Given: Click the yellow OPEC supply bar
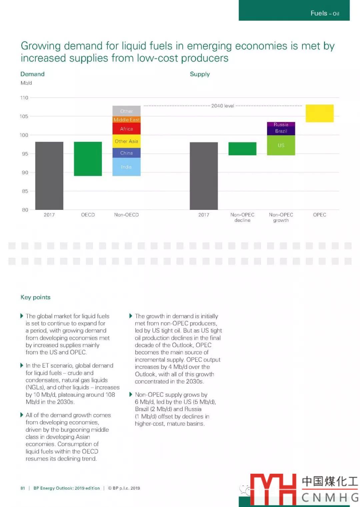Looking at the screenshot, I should point(319,113).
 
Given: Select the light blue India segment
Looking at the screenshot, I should point(126,167).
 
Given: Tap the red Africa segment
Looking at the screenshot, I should point(126,129).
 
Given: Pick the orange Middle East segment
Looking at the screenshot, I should point(126,120).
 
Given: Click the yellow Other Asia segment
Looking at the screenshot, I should point(126,141).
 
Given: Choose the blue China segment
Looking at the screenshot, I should point(126,153).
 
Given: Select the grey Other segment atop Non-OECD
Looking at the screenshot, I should point(126,111).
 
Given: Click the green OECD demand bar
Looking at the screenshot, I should point(88,159).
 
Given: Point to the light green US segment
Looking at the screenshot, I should point(281,145).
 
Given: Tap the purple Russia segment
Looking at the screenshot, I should point(281,124).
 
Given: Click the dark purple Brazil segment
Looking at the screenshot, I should point(281,131).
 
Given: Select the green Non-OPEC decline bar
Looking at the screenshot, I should point(242,149).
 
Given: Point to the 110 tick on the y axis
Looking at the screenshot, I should point(24,98).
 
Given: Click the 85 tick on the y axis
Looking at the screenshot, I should point(25,191).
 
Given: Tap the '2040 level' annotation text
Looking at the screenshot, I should point(223,106).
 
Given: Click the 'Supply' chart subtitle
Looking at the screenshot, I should point(200,74).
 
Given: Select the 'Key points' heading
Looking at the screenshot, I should point(35,297).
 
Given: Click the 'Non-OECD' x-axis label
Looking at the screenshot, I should point(126,215).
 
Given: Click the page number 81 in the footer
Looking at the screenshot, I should point(23,488).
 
